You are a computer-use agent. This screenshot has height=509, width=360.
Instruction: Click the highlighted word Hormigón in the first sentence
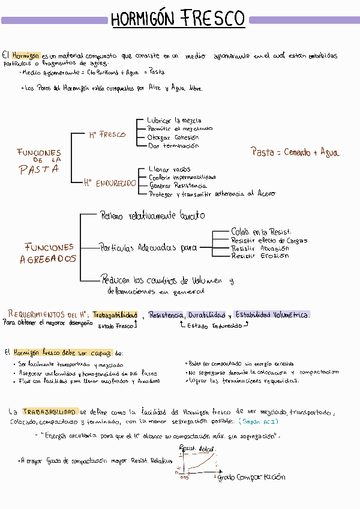pos(29,55)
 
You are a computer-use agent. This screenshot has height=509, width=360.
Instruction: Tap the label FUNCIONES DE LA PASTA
pos(39,161)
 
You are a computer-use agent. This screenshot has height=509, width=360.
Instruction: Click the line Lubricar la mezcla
pos(174,121)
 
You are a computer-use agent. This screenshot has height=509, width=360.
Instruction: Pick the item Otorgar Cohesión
pos(173,137)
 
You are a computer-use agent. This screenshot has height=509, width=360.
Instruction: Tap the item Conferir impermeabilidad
pos(182,178)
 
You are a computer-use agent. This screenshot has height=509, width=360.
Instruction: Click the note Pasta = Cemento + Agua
pos(295,152)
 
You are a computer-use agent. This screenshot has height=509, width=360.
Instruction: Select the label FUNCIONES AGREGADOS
pos(49,253)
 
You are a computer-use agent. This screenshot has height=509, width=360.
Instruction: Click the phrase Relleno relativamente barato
pos(152,215)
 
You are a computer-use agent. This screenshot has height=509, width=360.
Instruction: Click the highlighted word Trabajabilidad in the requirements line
pos(115,315)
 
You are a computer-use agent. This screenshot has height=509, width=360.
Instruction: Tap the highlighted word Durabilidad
pos(207,315)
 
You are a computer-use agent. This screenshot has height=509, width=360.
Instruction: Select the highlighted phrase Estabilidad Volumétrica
pos(272,315)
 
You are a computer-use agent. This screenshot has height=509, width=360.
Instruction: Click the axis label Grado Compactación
pos(251,477)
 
